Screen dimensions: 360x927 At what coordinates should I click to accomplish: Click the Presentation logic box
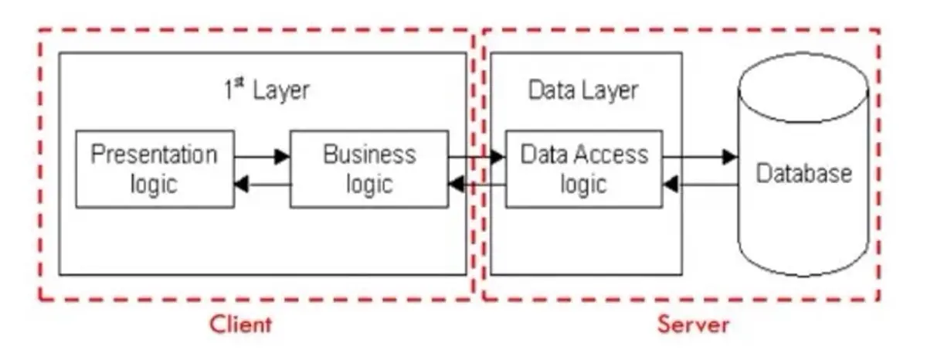(x=154, y=169)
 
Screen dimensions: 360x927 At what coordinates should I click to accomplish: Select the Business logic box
(x=368, y=169)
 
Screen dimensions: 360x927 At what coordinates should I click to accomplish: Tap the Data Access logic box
(x=583, y=169)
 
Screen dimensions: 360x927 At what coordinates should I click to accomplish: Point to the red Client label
(x=241, y=324)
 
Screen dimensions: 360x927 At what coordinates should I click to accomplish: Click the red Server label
(x=693, y=324)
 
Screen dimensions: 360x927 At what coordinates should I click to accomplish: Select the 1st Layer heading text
(x=267, y=90)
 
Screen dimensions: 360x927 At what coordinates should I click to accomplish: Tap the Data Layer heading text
(x=583, y=90)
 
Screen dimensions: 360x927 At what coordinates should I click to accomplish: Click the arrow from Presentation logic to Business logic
(x=262, y=157)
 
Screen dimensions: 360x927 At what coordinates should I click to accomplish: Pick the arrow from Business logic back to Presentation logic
(x=262, y=185)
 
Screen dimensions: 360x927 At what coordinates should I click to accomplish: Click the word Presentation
(x=154, y=155)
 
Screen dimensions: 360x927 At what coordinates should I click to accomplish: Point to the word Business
(x=368, y=155)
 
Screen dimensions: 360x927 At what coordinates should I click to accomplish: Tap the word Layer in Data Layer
(x=610, y=90)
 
